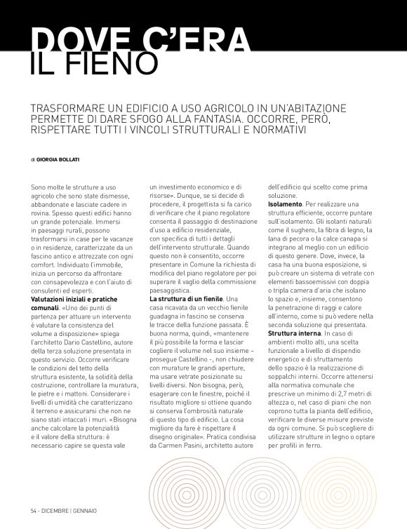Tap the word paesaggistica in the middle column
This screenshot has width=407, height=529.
[175, 290]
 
